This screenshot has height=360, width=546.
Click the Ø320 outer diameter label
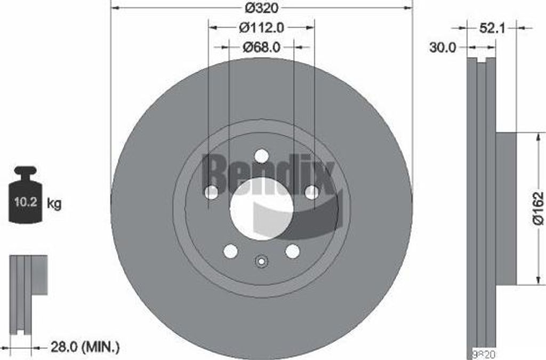point(261,7)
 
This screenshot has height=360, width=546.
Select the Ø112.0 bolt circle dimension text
point(261,27)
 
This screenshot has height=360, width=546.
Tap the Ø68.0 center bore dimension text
point(261,47)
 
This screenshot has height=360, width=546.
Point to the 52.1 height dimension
point(492,29)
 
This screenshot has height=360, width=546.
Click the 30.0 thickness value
point(443,47)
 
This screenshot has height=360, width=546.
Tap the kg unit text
point(54,203)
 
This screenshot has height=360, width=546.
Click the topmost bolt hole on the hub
point(261,156)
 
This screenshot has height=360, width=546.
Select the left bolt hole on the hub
point(211,193)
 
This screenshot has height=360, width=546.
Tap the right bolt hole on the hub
point(311,193)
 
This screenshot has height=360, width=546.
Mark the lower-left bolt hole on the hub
point(230,251)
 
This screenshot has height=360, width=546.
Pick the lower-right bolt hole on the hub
point(292,251)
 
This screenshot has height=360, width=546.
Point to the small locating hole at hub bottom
point(261,261)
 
